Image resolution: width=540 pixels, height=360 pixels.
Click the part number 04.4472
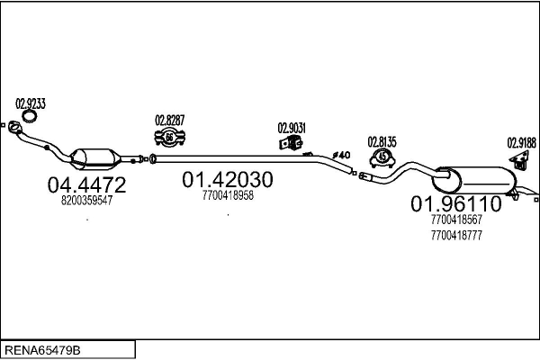(86, 185)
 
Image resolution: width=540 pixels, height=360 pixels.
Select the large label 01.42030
(228, 180)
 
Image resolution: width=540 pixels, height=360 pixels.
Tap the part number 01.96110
(456, 204)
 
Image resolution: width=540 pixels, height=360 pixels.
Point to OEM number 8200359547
(86, 202)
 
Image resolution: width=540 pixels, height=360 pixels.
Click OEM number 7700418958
(228, 195)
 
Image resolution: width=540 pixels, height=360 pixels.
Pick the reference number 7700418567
(456, 220)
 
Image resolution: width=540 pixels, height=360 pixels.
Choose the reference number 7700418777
(456, 235)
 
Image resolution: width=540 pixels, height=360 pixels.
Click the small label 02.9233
(31, 103)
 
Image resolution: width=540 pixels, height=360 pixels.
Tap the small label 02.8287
(169, 120)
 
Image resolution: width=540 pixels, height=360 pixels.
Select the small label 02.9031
(292, 128)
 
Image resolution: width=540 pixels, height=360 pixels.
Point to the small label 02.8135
(382, 141)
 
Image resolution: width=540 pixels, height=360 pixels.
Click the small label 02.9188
(521, 141)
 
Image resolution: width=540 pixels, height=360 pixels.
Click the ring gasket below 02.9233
(31, 117)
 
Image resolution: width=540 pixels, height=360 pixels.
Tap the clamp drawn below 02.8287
(169, 137)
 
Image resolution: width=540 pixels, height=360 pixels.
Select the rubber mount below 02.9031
(290, 146)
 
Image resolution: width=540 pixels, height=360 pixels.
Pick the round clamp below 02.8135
(382, 158)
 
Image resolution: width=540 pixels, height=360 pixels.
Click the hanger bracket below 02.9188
(520, 160)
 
